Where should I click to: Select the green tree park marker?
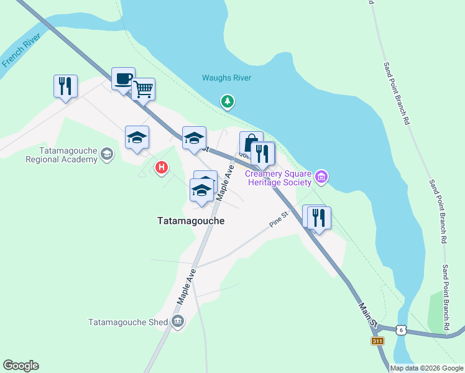coord(228,101)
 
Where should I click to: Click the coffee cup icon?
coord(123,79)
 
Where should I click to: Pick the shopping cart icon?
coord(143,89)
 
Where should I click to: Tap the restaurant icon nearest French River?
coord(65,86)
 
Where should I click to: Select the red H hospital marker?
coord(161,167)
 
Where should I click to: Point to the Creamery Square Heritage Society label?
coord(278,177)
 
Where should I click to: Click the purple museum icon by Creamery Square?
coord(321,177)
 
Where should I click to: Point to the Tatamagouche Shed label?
coord(128,322)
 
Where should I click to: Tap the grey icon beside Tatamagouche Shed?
coord(178,321)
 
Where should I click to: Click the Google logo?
coord(21,366)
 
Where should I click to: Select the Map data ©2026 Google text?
coord(426,368)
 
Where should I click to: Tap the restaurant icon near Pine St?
coord(320,218)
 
